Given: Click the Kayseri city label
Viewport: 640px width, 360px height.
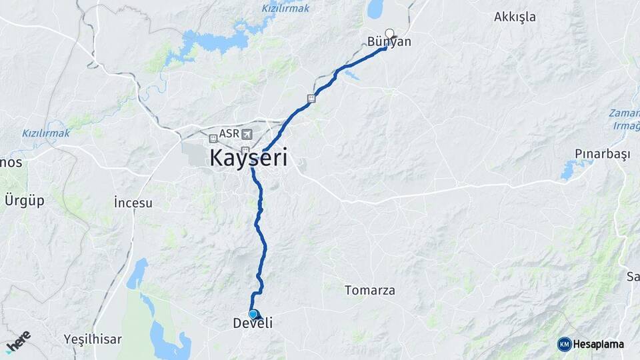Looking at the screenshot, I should pyautogui.click(x=249, y=159).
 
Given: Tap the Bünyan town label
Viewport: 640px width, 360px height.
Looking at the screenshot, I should pyautogui.click(x=389, y=42).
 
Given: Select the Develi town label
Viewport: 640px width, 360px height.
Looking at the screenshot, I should pyautogui.click(x=253, y=323).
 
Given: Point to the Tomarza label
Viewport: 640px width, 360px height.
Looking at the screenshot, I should pyautogui.click(x=370, y=290).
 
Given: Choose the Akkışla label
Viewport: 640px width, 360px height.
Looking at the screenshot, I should pyautogui.click(x=515, y=17).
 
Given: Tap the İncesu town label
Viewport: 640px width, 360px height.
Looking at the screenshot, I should pyautogui.click(x=133, y=202).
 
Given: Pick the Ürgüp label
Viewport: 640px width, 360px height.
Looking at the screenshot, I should pyautogui.click(x=24, y=200).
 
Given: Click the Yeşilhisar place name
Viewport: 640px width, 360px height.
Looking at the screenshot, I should pyautogui.click(x=93, y=339).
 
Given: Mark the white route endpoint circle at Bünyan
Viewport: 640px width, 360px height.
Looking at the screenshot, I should pyautogui.click(x=389, y=33).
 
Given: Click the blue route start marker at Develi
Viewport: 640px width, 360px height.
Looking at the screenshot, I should pyautogui.click(x=253, y=314).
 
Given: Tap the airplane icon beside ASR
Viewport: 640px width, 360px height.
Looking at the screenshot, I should pyautogui.click(x=248, y=133).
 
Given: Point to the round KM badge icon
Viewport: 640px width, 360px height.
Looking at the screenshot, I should pyautogui.click(x=564, y=344).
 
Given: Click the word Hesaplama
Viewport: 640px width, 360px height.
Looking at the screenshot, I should pyautogui.click(x=598, y=345).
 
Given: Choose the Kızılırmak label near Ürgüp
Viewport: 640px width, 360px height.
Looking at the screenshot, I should pyautogui.click(x=45, y=133).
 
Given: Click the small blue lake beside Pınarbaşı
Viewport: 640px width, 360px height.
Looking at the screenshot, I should pyautogui.click(x=568, y=170).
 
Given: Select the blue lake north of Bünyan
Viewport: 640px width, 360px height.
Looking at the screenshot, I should pyautogui.click(x=375, y=9).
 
